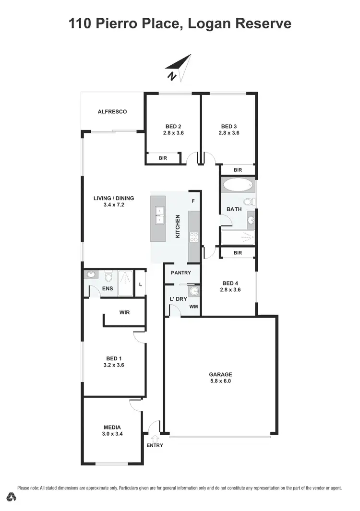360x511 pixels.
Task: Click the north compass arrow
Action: point(179,67)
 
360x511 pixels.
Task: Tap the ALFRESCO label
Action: point(112,112)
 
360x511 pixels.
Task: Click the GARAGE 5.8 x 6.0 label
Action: point(220,378)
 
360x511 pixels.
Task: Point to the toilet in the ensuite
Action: point(108,277)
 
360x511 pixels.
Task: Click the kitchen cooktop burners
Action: point(194,237)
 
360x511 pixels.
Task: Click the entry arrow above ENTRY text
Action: point(155,438)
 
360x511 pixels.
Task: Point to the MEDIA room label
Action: point(112,430)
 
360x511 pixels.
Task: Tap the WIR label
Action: point(124,312)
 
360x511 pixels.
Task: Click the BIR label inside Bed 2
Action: point(163,157)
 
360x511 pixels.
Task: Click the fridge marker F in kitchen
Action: point(193,201)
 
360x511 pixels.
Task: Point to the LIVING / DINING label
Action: point(114,202)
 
